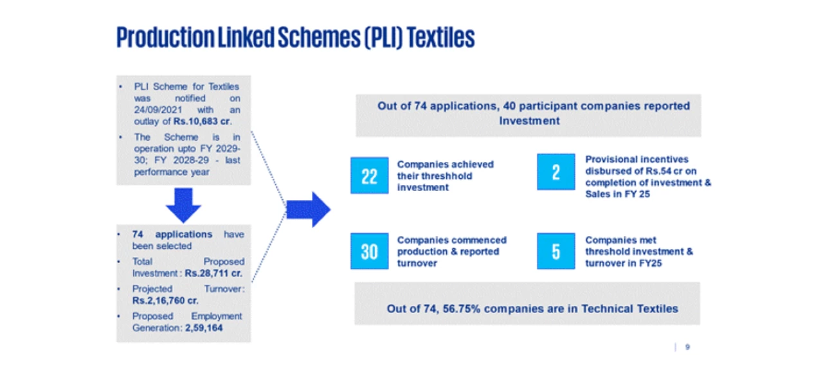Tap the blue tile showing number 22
point(369,175)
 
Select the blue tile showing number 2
point(556,172)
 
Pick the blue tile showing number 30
point(369,251)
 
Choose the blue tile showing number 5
point(556,251)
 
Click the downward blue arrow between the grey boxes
point(183,205)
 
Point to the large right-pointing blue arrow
point(308,209)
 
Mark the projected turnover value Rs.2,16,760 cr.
point(165,300)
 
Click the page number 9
point(687,347)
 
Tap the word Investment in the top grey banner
point(529,121)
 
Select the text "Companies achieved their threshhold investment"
point(446,175)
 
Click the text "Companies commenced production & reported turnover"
point(452,251)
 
